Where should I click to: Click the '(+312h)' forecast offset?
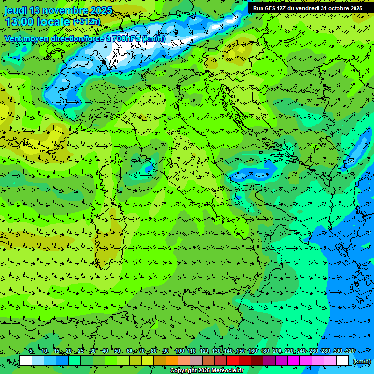[87, 21]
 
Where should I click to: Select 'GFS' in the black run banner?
[272, 8]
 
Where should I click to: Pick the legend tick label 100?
[179, 351]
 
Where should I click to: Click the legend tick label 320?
[350, 351]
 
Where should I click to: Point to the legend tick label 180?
[264, 351]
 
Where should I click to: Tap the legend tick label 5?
[31, 351]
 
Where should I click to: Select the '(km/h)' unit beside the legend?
[361, 361]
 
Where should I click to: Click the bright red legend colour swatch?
[233, 361]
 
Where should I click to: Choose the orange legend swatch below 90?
[172, 361]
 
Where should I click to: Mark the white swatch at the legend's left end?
[26, 361]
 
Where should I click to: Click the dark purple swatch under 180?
[269, 361]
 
